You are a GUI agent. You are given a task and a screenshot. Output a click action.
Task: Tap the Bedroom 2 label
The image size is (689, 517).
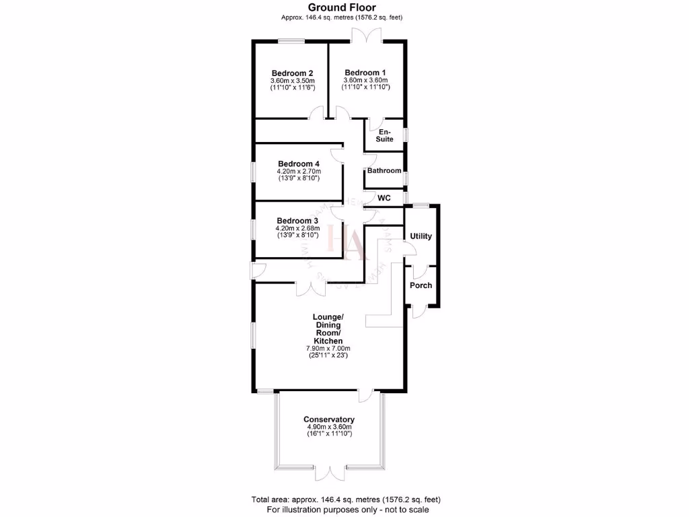(x=292, y=73)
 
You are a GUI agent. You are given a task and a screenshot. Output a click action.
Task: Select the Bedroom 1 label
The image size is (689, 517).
(x=365, y=73)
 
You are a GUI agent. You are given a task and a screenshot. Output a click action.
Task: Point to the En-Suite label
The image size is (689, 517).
(x=385, y=135)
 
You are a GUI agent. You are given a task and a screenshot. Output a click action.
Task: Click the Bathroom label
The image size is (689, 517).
(x=384, y=171)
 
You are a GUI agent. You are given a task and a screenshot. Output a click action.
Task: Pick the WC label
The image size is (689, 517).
(x=384, y=198)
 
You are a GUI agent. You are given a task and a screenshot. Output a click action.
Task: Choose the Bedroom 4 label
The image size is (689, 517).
(x=298, y=164)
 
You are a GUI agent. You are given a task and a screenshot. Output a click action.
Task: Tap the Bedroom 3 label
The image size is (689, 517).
(x=297, y=221)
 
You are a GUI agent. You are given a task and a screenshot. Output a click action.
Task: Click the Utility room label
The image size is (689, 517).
(x=421, y=236)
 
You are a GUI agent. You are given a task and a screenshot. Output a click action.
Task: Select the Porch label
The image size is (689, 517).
(x=421, y=285)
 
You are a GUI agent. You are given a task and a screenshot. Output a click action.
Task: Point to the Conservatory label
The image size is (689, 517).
(x=329, y=419)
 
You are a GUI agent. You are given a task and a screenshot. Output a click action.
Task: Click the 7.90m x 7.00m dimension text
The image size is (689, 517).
(x=329, y=348)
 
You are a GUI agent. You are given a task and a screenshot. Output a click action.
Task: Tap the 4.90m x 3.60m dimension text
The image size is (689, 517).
(x=329, y=427)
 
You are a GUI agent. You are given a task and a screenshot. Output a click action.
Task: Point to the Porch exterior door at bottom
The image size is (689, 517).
(x=419, y=311)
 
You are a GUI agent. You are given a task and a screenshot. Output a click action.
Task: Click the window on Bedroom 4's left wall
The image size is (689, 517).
(x=254, y=172)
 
